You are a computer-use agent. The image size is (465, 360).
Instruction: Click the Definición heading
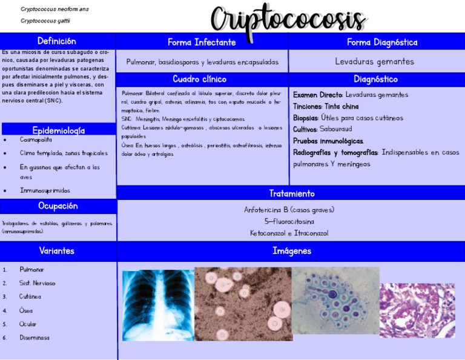point(56,41)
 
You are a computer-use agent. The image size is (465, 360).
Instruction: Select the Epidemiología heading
point(58,130)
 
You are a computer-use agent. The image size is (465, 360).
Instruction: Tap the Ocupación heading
point(58,206)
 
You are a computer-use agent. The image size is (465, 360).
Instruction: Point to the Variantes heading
point(56,250)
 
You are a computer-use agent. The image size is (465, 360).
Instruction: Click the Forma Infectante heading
point(202,42)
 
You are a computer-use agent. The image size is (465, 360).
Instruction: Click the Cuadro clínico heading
point(199,79)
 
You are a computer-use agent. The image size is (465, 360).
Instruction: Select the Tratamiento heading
point(291,193)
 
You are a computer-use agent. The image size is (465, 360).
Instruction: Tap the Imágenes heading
point(291,251)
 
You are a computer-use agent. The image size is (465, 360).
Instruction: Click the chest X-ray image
point(158,305)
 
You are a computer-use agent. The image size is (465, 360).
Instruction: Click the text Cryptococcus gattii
point(45,21)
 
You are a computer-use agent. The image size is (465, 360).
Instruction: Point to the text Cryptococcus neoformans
point(54,9)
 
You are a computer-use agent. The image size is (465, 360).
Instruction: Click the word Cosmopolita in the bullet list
point(36,139)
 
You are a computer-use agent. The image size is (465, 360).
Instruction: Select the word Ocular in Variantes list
point(28,324)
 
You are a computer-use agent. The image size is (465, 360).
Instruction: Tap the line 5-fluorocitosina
point(289,221)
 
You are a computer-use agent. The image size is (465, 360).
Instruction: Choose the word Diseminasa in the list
point(35,338)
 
